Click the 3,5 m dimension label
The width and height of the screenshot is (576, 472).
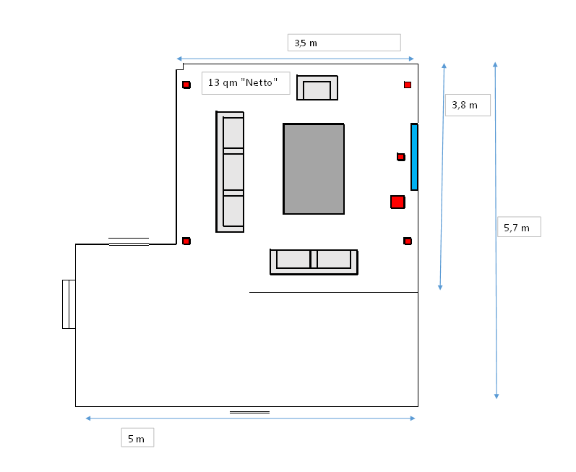(x=343, y=43)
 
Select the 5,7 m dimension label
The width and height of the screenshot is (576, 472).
(x=520, y=228)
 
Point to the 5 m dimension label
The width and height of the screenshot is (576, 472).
(x=137, y=438)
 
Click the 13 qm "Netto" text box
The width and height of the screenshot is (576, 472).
(x=246, y=82)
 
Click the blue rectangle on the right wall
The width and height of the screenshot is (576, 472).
(x=414, y=157)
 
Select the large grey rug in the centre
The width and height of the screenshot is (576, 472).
(x=314, y=168)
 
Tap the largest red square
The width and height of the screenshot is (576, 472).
(x=397, y=202)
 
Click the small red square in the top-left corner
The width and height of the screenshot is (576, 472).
(x=186, y=85)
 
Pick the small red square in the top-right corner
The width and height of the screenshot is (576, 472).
(x=408, y=85)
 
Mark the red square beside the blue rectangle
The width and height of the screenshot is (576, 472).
(x=401, y=157)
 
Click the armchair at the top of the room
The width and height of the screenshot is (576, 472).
(x=317, y=87)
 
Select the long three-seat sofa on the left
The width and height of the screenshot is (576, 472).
(x=231, y=171)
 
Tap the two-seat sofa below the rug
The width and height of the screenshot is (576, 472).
(x=314, y=261)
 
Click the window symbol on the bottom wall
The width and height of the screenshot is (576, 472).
(x=249, y=412)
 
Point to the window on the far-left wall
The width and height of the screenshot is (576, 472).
(x=69, y=304)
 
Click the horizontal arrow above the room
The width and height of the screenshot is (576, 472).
(x=295, y=59)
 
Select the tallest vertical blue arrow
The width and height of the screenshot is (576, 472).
(x=496, y=230)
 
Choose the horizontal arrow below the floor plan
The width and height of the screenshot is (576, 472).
(x=250, y=418)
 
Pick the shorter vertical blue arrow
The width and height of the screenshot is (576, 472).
(x=442, y=176)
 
